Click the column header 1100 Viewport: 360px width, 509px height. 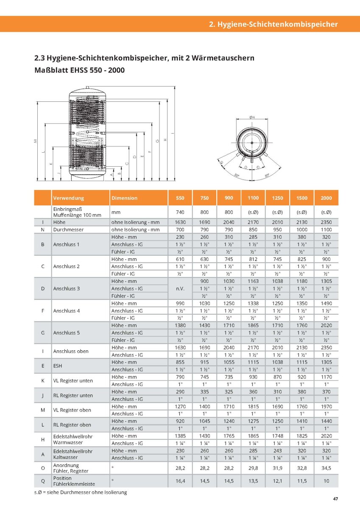253,198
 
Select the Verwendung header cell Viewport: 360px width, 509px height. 69,198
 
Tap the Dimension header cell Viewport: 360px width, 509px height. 124,198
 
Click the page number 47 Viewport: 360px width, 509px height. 335,499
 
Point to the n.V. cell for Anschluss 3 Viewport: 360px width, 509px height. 180,288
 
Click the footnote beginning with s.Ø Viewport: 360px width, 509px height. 81,492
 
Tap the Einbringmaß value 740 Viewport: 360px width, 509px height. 180,212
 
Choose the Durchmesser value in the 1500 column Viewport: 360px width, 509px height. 302,229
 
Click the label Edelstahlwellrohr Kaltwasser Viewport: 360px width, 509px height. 73,454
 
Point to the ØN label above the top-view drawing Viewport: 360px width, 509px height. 251,117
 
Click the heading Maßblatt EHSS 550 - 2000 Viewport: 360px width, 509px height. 79,70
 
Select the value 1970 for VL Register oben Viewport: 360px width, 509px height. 326,406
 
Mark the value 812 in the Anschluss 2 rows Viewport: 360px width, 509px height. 253,259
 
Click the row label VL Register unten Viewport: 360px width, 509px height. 73,380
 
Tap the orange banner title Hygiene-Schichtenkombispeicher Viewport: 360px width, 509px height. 273,24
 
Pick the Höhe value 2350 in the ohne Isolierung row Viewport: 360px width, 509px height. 326,222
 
